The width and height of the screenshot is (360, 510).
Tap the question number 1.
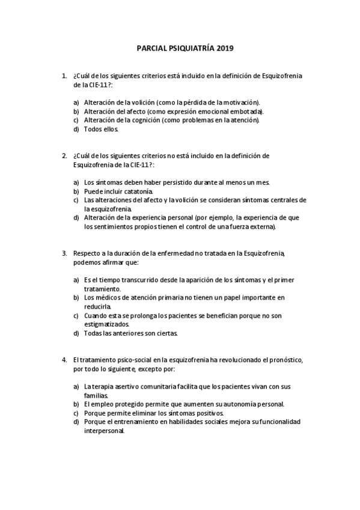pyautogui.click(x=64, y=76)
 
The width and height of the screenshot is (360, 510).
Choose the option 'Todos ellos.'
pyautogui.click(x=102, y=129)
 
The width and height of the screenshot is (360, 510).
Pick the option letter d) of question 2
pyautogui.click(x=76, y=218)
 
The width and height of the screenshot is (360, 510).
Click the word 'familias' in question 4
pyautogui.click(x=96, y=395)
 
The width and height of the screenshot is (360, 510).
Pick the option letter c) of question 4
pyautogui.click(x=76, y=413)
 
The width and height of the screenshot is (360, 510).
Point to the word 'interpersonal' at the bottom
pyautogui.click(x=104, y=430)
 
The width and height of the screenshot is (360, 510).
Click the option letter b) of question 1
pyautogui.click(x=76, y=111)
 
